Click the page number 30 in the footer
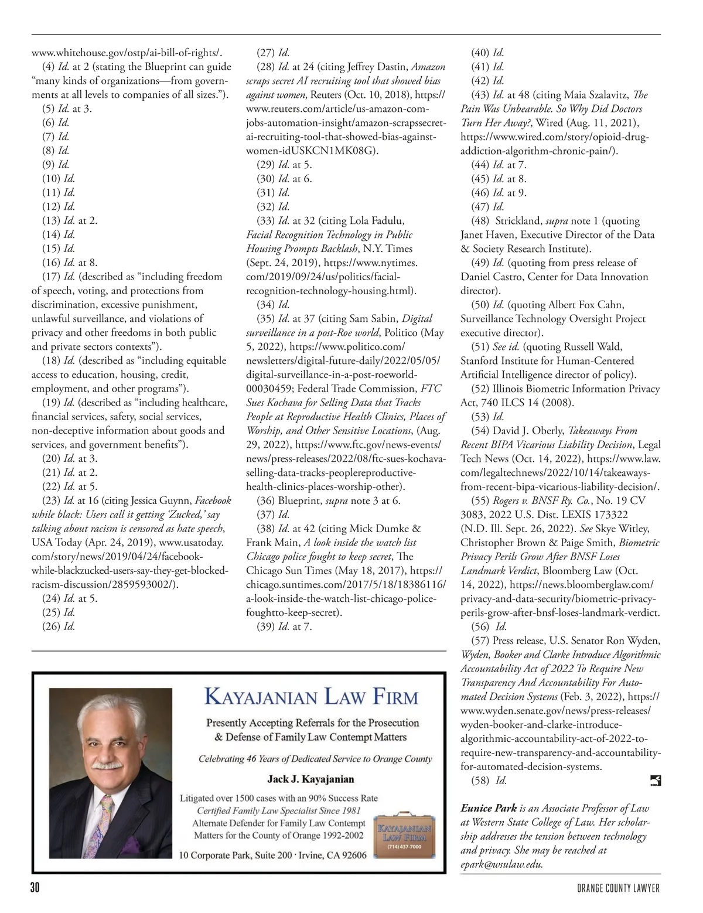tap(35, 888)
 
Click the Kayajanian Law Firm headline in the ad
tap(310, 698)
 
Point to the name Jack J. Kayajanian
tap(310, 779)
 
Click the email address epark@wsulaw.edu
tap(501, 864)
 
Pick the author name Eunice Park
tap(489, 808)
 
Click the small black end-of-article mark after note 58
tap(656, 780)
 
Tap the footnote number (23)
tap(52, 500)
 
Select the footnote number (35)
tap(267, 318)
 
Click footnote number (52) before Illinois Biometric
tap(481, 389)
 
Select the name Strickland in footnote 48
tap(519, 221)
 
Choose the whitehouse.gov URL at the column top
tap(127, 53)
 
